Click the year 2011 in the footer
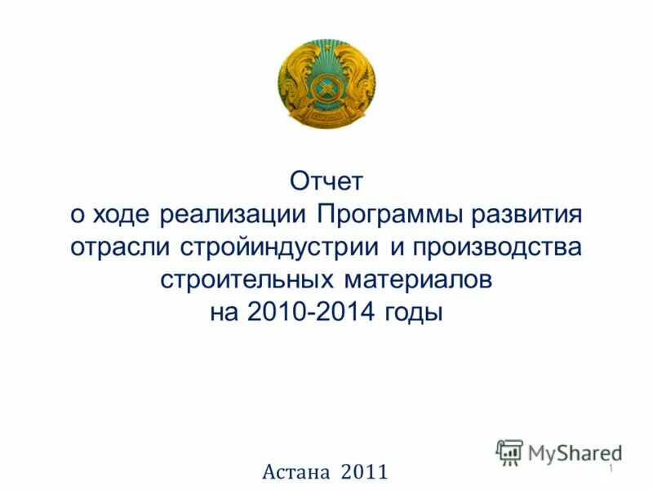tap(364, 471)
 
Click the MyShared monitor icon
tap(509, 452)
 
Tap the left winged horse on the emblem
tap(295, 82)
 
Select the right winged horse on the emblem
tap(358, 82)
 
